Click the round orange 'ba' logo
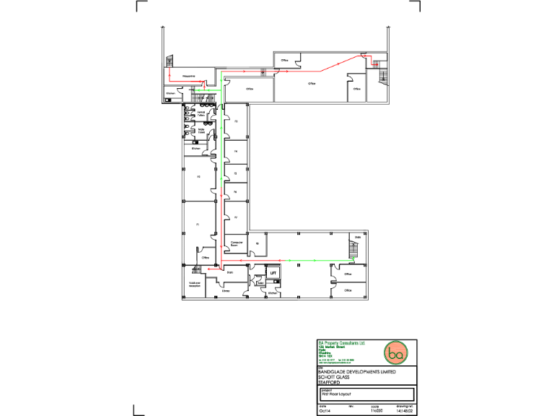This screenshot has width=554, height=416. click(395, 353)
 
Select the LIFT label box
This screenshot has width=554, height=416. click(273, 273)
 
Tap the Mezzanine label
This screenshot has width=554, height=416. click(190, 75)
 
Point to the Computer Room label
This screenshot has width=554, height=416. click(235, 245)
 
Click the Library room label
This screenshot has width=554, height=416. click(226, 291)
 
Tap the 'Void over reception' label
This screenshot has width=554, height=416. click(194, 285)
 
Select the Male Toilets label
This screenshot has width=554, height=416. click(202, 131)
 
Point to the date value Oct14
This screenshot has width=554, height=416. click(324, 412)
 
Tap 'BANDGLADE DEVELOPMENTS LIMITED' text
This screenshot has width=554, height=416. click(356, 371)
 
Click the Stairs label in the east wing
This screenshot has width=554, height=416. click(357, 237)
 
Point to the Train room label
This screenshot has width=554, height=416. click(229, 272)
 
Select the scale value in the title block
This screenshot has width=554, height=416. click(375, 412)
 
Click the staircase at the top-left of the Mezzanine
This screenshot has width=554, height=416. click(170, 63)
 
